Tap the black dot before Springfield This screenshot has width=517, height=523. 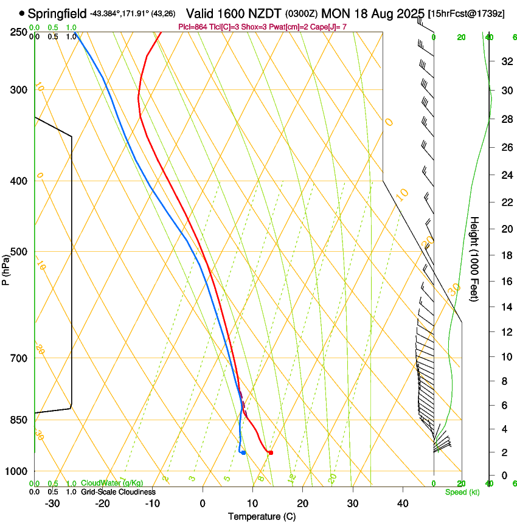pyautogui.click(x=23, y=13)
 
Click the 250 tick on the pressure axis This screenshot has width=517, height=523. pyautogui.click(x=19, y=32)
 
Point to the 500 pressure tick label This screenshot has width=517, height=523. pyautogui.click(x=19, y=252)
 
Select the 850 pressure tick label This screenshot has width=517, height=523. pyautogui.click(x=19, y=420)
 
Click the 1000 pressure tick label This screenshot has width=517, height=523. pyautogui.click(x=17, y=471)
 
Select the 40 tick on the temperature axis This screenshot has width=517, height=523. pyautogui.click(x=403, y=503)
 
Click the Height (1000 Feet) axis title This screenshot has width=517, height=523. pyautogui.click(x=474, y=258)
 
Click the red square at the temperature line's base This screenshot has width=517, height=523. pyautogui.click(x=271, y=452)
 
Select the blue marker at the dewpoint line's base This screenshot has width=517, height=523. pyautogui.click(x=243, y=452)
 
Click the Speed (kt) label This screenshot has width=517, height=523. pyautogui.click(x=462, y=492)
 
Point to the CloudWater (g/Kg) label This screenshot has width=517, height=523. pyautogui.click(x=112, y=483)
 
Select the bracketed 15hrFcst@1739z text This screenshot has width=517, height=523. pyautogui.click(x=467, y=13)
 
